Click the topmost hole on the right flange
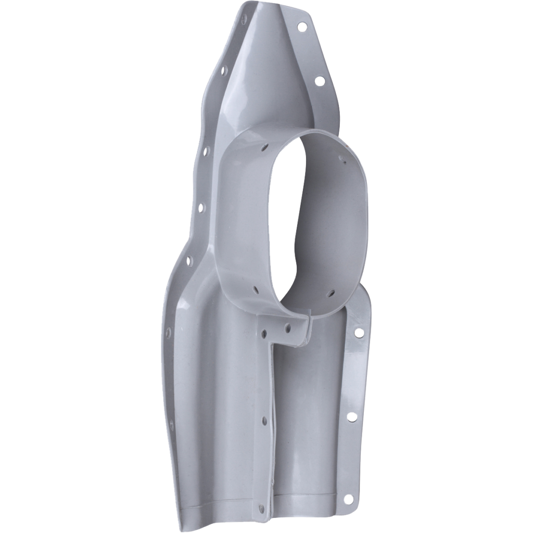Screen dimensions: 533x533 pos(301,25)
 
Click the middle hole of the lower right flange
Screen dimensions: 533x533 pos(351,416)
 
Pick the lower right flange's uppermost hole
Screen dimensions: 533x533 pos(358,332)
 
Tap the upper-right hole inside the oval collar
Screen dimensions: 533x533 pos(342,161)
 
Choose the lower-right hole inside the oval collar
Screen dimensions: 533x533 pos(329,295)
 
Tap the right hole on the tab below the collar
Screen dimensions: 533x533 pos(287,328)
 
